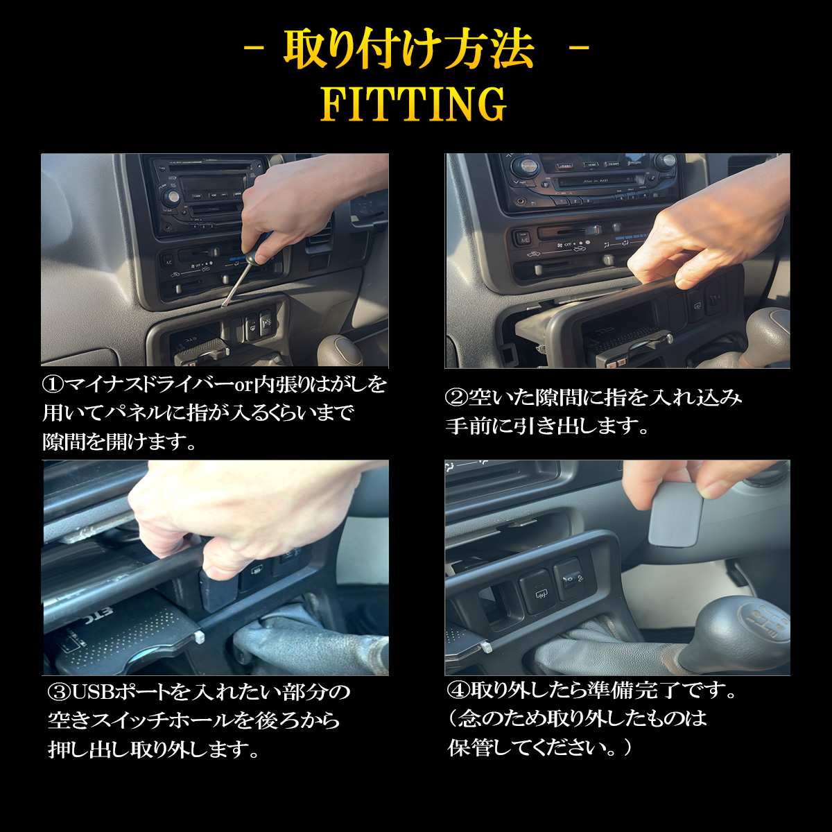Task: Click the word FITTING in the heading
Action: (x=415, y=105)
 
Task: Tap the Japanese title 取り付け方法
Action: (x=409, y=50)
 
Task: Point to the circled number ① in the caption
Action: (x=53, y=385)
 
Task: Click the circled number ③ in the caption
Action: (x=58, y=692)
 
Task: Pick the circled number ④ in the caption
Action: (x=458, y=691)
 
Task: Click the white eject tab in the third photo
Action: (x=200, y=636)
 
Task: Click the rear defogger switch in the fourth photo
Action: (x=538, y=591)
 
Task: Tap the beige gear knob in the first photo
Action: (x=338, y=351)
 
